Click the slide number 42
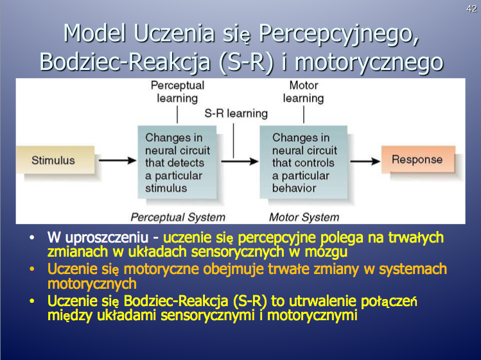471,8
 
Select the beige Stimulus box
55,160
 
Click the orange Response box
418,159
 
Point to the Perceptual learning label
177,92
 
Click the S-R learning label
236,114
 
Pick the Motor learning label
303,92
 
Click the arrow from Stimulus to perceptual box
118,160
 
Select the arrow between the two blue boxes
240,161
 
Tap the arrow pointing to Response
365,160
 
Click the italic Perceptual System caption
178,217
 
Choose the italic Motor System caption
304,217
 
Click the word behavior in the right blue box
294,188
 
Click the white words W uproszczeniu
98,238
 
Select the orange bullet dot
32,270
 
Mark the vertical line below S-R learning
234,141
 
